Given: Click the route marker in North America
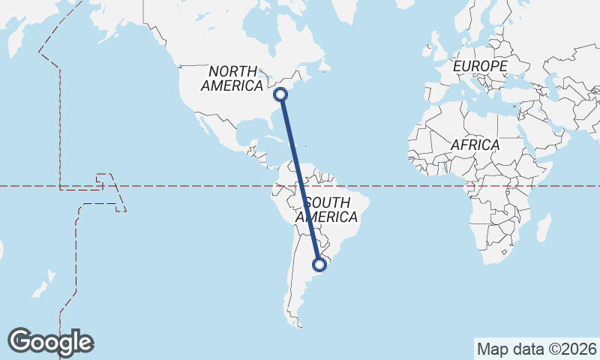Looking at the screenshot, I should (x=280, y=94).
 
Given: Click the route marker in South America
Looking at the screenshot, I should (x=319, y=264).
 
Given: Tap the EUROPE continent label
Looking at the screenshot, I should (x=480, y=67).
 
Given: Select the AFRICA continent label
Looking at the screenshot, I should (x=475, y=145).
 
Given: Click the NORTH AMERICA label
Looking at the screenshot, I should (x=232, y=78).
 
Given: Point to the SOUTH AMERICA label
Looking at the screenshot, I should (x=326, y=210).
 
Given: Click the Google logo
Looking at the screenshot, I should (x=50, y=341).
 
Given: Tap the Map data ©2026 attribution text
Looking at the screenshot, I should (x=537, y=349).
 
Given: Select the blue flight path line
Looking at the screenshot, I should (x=300, y=179).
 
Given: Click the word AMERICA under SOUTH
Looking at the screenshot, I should (x=326, y=217).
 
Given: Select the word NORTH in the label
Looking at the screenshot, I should (x=233, y=71).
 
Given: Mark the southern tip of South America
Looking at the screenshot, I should (x=299, y=326).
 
